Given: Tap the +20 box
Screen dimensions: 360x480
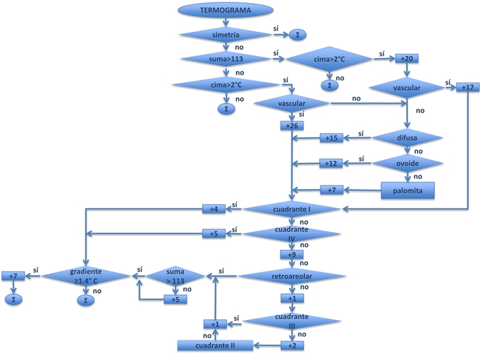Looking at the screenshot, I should click(x=406, y=59).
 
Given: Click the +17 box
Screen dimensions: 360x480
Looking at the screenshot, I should click(x=468, y=88).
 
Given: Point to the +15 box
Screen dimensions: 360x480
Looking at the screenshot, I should click(x=331, y=139).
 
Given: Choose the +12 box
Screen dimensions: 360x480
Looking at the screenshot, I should click(x=331, y=163).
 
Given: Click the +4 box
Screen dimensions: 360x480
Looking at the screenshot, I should click(x=214, y=209).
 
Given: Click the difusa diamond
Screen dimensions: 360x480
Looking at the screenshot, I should click(x=409, y=137).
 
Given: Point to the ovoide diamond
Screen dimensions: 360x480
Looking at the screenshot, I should click(x=409, y=163).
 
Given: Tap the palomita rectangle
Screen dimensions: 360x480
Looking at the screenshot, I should click(x=408, y=190).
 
